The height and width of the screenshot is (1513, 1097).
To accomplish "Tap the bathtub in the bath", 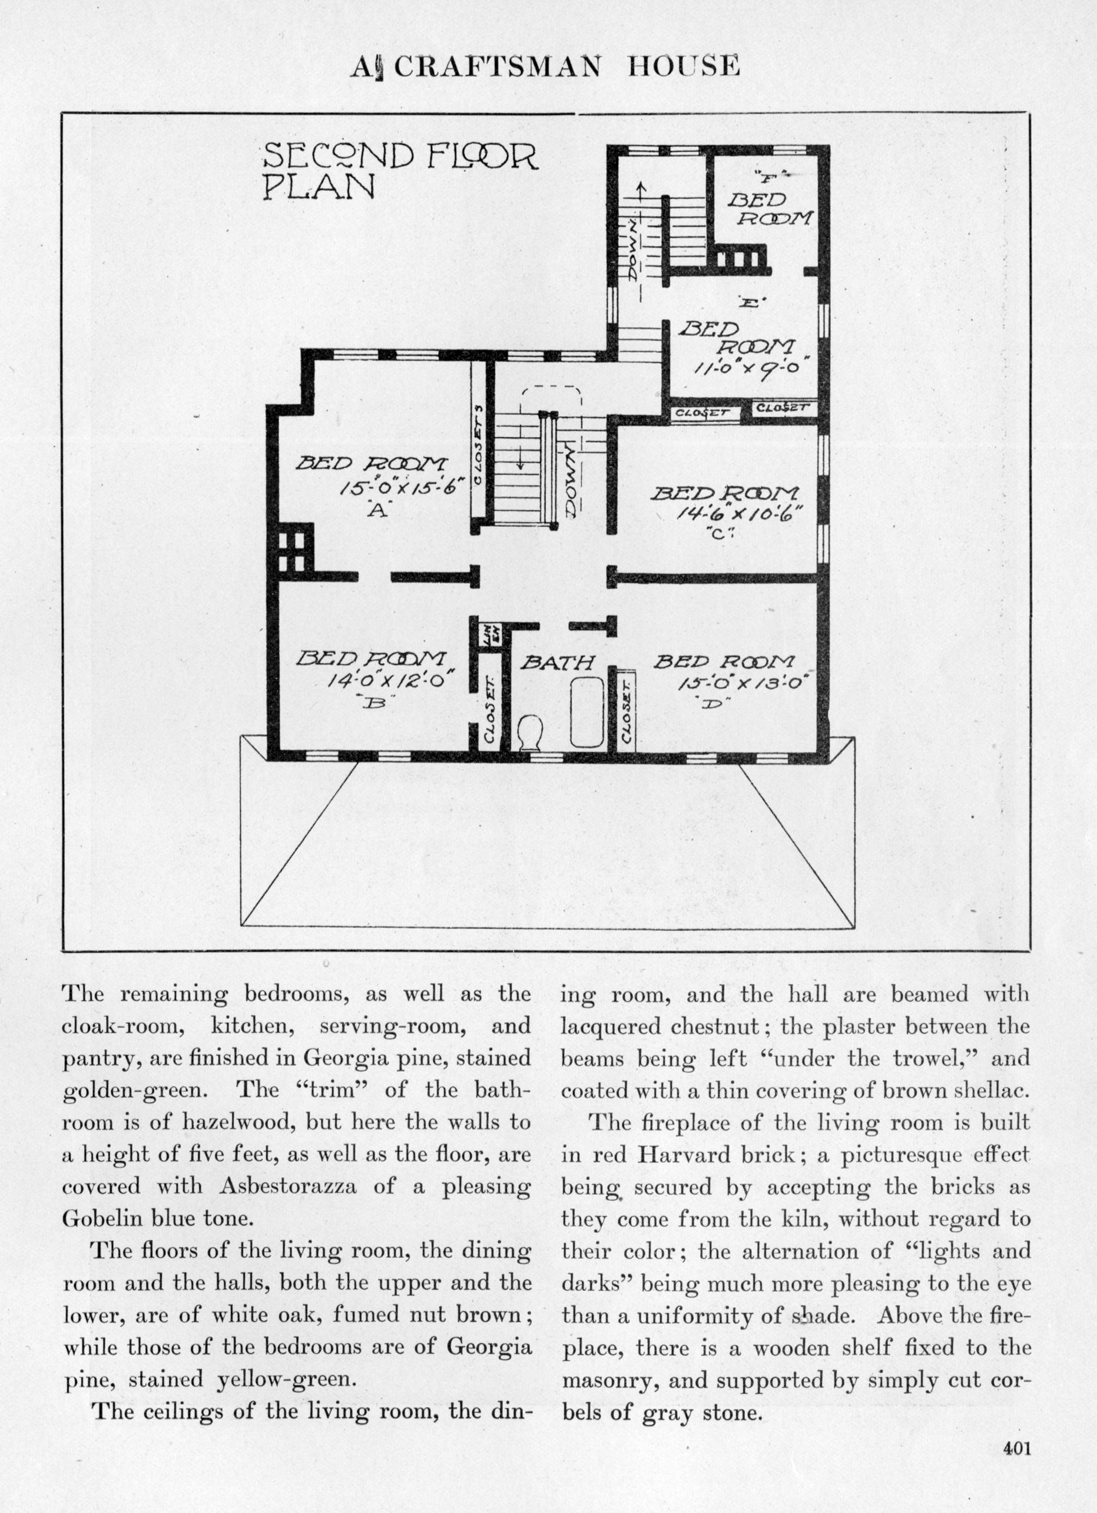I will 587,712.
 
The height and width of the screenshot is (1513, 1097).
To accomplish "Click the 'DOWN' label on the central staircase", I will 572,482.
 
